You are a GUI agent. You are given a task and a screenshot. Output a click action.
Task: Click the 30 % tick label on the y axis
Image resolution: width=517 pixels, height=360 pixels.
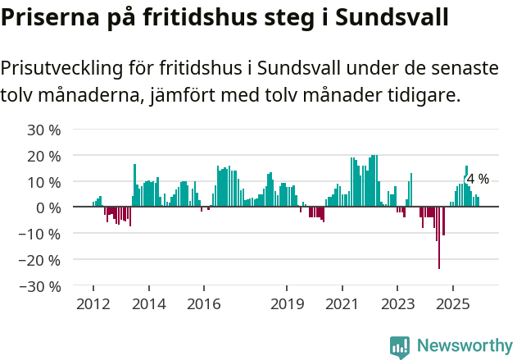[45, 130]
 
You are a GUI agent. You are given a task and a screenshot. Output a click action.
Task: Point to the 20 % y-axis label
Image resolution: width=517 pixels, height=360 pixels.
[45, 156]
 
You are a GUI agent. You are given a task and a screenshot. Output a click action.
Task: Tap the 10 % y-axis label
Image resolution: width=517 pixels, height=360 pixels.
[45, 181]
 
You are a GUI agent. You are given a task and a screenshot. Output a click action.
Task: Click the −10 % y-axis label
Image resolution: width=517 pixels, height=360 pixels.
[41, 234]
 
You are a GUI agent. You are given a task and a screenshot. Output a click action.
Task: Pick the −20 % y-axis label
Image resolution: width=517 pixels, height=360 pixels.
[41, 260]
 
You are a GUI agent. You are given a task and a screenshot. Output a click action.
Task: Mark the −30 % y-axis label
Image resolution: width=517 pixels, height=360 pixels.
[41, 286]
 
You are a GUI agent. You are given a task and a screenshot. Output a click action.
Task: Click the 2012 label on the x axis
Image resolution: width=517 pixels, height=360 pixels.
[93, 304]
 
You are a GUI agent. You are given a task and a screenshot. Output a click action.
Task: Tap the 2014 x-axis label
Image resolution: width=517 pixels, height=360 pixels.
[148, 304]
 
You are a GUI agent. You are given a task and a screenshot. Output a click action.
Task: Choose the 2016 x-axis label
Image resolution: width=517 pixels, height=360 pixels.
[203, 304]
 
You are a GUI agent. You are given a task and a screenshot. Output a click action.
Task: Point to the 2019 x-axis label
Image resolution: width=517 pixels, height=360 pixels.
[286, 304]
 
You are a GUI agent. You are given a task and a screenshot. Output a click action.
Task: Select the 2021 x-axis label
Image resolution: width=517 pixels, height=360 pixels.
[342, 304]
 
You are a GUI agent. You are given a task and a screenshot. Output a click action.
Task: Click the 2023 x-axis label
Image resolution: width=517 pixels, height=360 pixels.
[397, 304]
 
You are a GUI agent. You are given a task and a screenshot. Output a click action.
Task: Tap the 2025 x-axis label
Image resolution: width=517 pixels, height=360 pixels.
[452, 304]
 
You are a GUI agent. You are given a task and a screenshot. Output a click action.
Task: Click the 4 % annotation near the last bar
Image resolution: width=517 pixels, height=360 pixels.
[478, 179]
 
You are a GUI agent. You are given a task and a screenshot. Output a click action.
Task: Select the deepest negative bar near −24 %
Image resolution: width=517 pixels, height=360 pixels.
[439, 238]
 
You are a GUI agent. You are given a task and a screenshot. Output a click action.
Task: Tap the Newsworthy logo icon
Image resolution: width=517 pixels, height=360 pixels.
[400, 347]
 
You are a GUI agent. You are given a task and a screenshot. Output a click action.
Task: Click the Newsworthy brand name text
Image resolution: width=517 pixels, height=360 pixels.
[464, 346]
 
